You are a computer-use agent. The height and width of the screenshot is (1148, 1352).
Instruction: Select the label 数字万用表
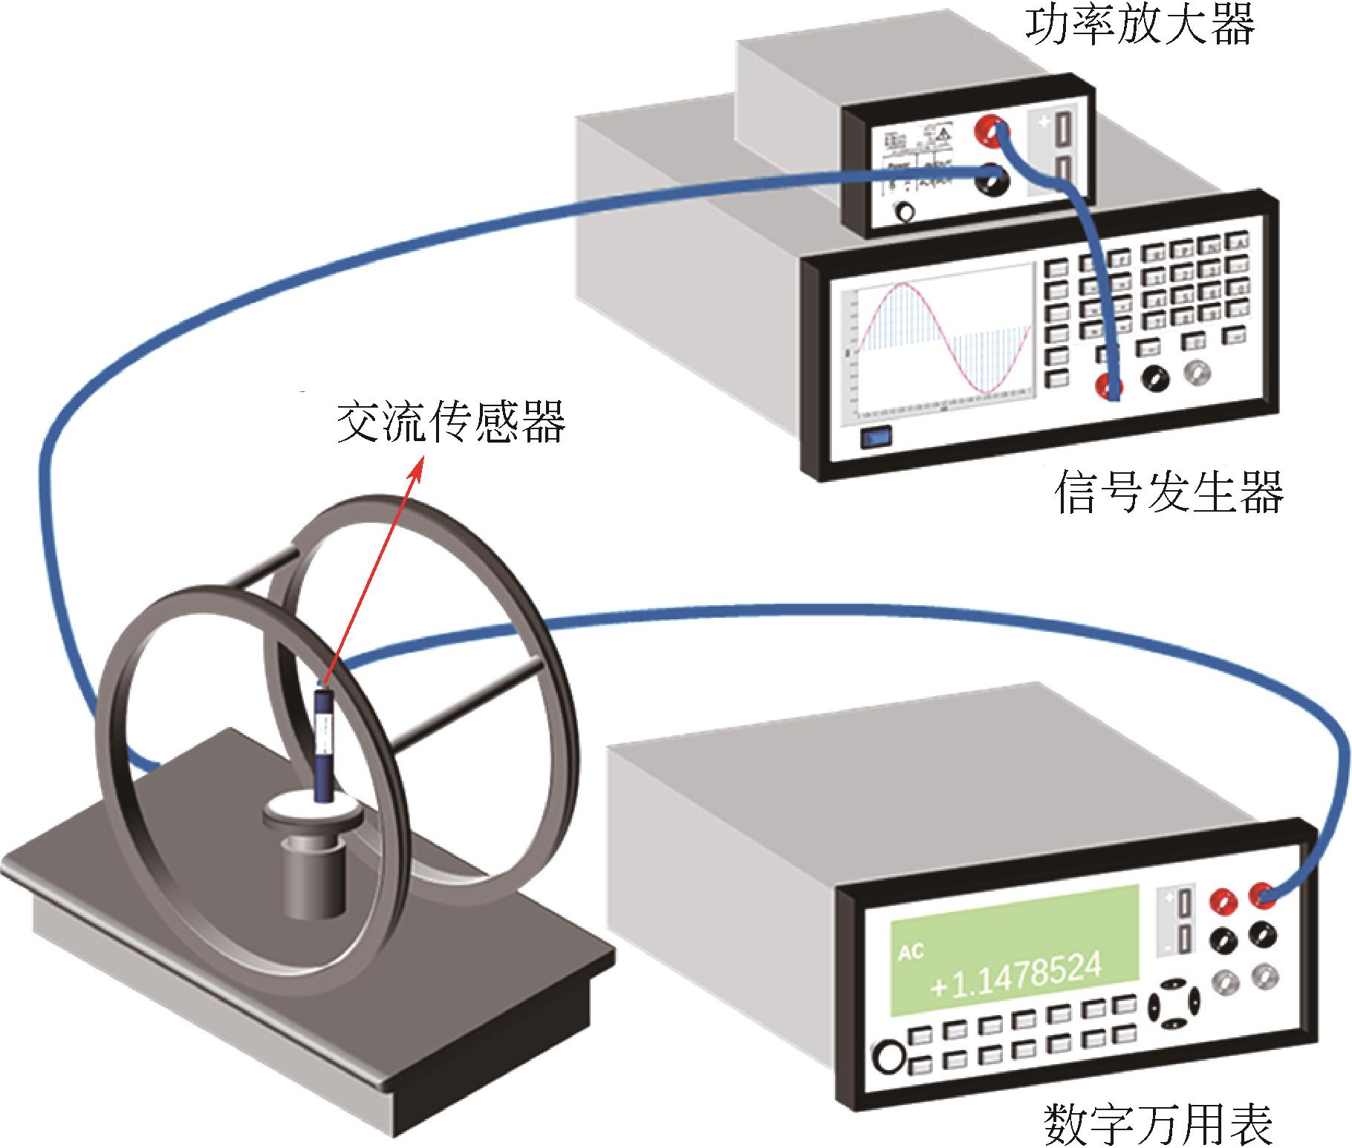(1158, 1123)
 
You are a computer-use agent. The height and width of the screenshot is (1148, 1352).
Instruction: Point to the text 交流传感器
(451, 423)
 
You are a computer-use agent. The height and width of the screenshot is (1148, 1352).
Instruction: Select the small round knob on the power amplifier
(905, 213)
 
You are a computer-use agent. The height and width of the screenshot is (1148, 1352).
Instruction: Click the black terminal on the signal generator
(1155, 379)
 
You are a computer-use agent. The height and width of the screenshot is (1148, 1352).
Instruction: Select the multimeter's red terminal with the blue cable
(1262, 894)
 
